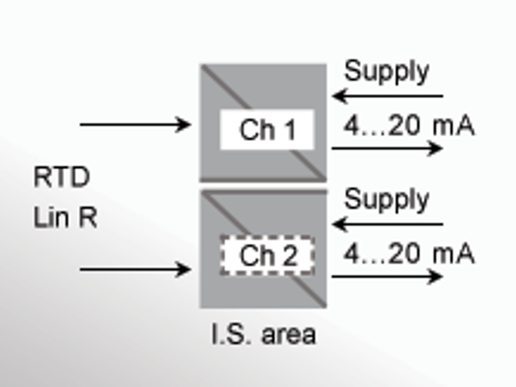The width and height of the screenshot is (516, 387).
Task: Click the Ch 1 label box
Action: pyautogui.click(x=267, y=130)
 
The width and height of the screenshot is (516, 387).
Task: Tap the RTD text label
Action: pyautogui.click(x=62, y=177)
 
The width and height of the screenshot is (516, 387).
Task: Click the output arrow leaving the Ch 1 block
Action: pyautogui.click(x=387, y=148)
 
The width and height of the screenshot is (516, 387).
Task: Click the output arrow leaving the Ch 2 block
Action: pyautogui.click(x=387, y=276)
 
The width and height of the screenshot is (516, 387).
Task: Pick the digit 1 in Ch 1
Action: pyautogui.click(x=291, y=130)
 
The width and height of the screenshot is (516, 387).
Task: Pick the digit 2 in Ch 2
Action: pyautogui.click(x=291, y=256)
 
